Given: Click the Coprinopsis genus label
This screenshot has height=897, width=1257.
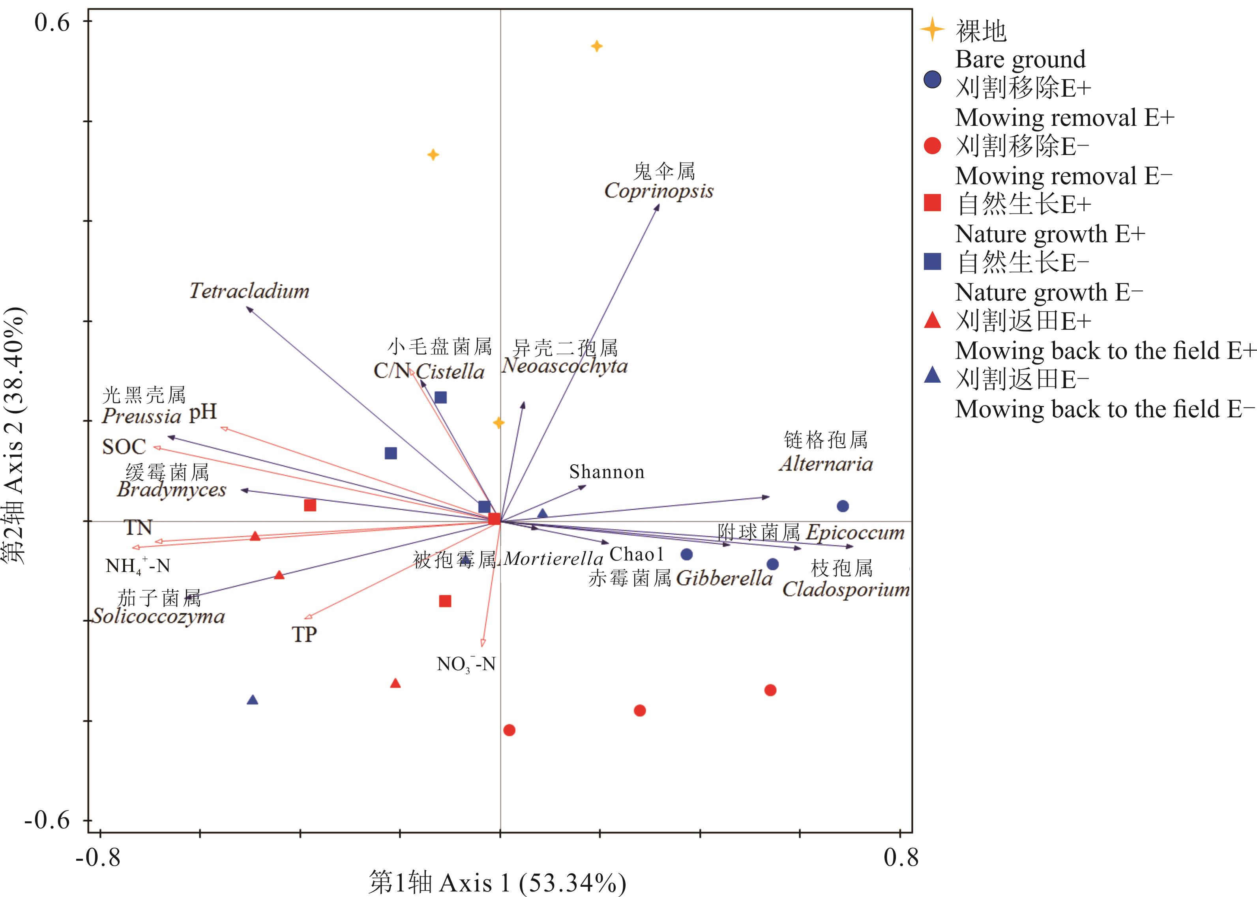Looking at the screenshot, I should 659,191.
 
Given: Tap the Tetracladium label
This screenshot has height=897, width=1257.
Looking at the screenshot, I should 249,291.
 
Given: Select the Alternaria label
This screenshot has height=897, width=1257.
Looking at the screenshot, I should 826,463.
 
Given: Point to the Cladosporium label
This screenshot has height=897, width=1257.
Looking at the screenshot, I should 846,589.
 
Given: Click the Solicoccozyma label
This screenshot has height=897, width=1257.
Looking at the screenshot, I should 159,616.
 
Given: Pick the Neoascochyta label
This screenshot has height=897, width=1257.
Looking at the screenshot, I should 564,366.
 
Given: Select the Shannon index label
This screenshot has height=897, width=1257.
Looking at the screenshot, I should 607,472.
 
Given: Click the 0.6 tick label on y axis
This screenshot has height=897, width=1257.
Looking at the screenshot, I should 52,23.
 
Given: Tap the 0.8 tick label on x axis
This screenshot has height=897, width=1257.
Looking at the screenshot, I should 901,858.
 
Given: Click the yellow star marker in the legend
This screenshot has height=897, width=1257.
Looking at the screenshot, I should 932,29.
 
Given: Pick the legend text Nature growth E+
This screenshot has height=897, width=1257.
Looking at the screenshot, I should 1050,234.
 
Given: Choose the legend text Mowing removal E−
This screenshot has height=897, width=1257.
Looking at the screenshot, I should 1063,176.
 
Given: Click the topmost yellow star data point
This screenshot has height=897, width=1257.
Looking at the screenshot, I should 596,46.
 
